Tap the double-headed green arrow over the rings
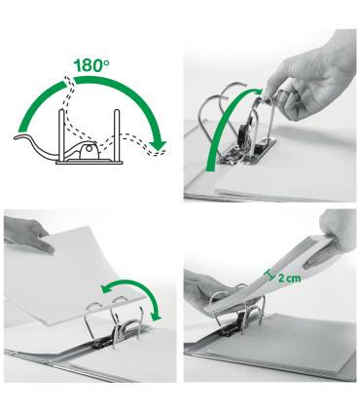[x=126, y=287]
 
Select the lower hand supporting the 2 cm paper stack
[x=209, y=292]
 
